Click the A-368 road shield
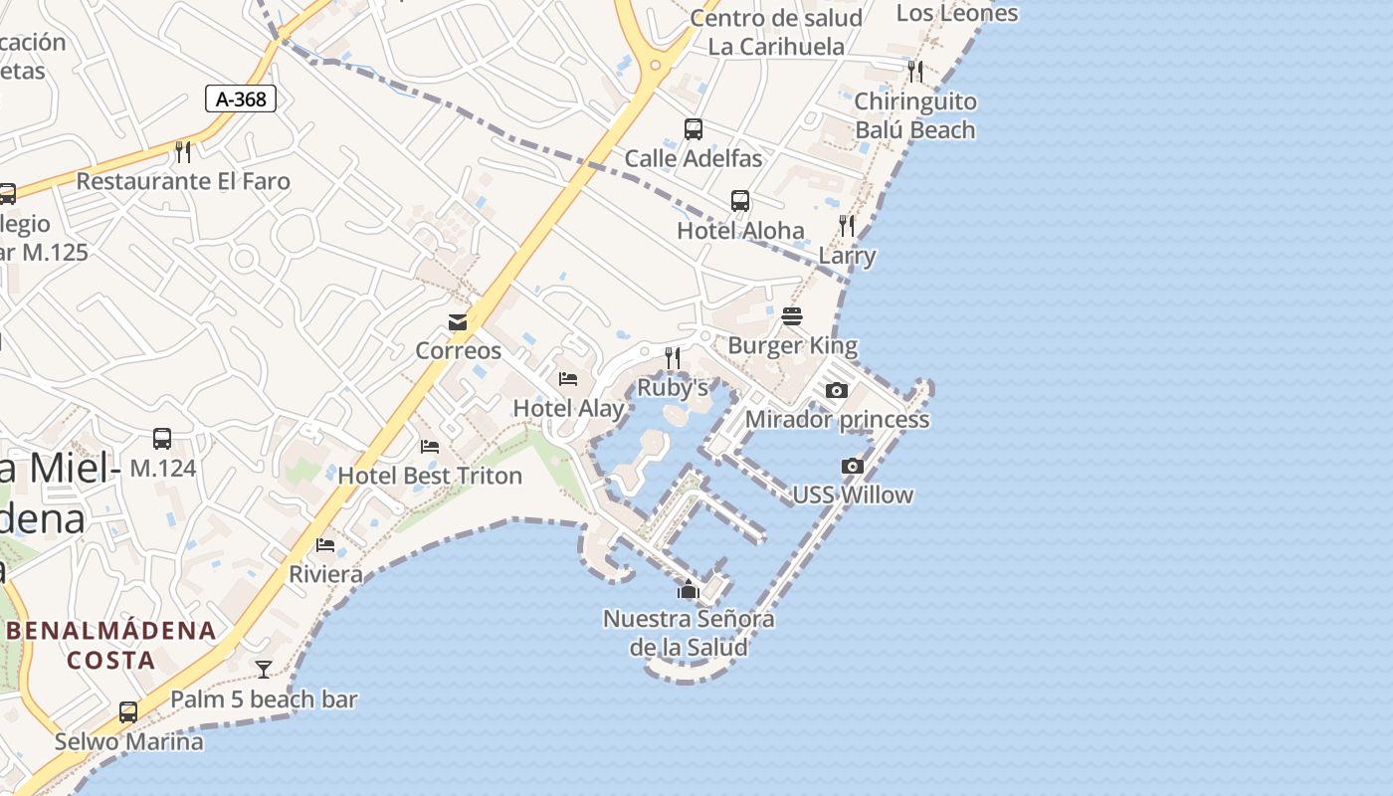pyautogui.click(x=240, y=98)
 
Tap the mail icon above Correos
pyautogui.click(x=458, y=322)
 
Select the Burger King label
pyautogui.click(x=792, y=345)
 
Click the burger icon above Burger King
pyautogui.click(x=792, y=316)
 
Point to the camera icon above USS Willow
pyautogui.click(x=852, y=466)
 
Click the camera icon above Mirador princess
pyautogui.click(x=837, y=390)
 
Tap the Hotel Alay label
pyautogui.click(x=568, y=408)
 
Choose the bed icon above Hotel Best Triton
pyautogui.click(x=430, y=446)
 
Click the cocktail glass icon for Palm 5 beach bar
pyautogui.click(x=263, y=670)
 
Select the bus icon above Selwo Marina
pyautogui.click(x=128, y=712)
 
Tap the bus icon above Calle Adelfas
pyautogui.click(x=694, y=129)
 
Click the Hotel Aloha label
pyautogui.click(x=740, y=230)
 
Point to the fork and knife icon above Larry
pyautogui.click(x=847, y=226)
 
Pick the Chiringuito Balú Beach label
pyautogui.click(x=915, y=115)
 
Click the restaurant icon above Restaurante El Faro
pyautogui.click(x=183, y=151)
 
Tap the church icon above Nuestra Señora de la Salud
pyautogui.click(x=688, y=590)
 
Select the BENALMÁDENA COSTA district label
pyautogui.click(x=111, y=645)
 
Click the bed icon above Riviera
pyautogui.click(x=325, y=544)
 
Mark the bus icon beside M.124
pyautogui.click(x=162, y=438)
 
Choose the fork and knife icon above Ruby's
pyautogui.click(x=673, y=357)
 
